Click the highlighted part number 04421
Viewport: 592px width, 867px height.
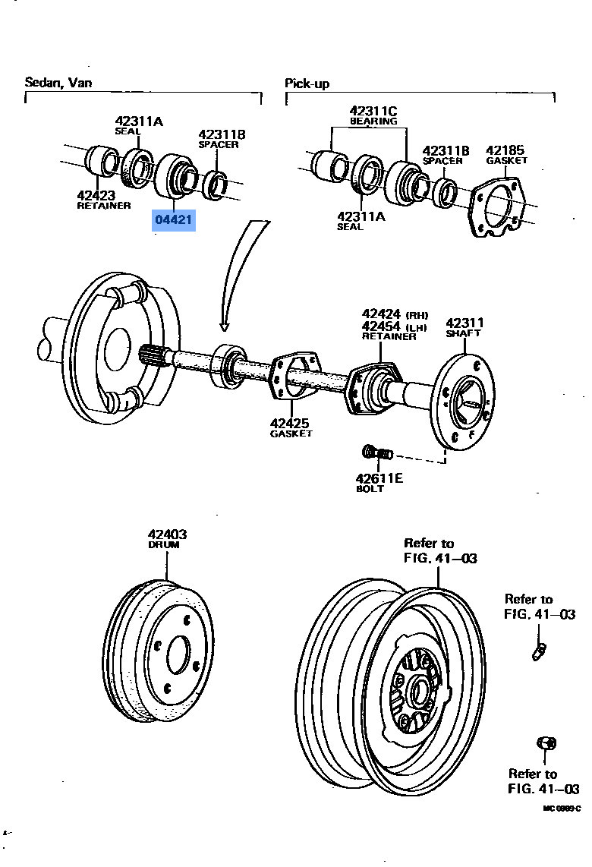click(174, 220)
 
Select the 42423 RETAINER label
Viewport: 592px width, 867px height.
click(103, 200)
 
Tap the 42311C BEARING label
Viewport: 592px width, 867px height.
click(373, 115)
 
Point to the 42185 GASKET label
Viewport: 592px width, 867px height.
click(505, 154)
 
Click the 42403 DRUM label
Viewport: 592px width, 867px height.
click(167, 538)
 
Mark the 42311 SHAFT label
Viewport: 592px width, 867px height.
click(464, 327)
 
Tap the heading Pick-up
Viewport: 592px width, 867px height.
click(307, 84)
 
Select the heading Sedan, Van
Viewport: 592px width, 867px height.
click(58, 82)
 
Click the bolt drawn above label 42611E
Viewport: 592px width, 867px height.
click(376, 454)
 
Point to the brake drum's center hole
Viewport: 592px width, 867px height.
click(178, 652)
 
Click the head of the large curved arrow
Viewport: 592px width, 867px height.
click(225, 325)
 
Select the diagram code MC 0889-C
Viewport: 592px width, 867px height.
click(561, 809)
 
